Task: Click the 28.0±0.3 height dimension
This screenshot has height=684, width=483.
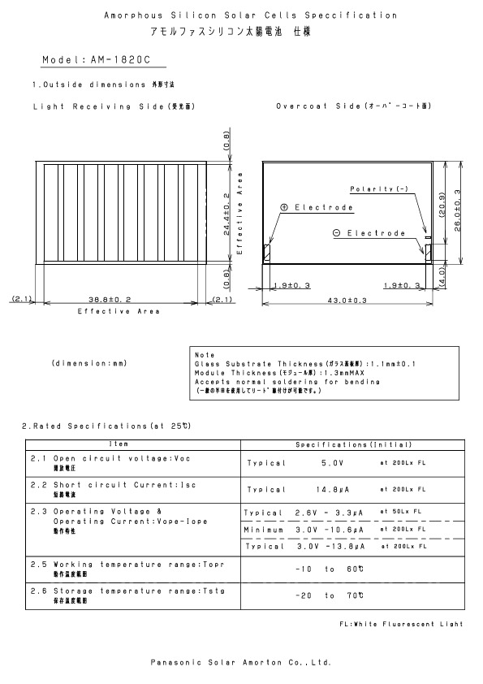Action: click(458, 211)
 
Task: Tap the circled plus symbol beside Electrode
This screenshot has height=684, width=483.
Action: click(285, 208)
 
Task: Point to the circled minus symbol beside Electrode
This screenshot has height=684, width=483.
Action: click(337, 234)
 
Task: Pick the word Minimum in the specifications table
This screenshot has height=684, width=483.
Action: click(265, 530)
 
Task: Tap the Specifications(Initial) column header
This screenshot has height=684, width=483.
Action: click(354, 444)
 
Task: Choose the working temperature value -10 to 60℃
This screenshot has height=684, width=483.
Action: click(329, 569)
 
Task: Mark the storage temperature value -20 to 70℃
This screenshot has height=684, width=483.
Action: click(329, 595)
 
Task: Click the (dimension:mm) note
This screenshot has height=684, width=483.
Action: click(88, 362)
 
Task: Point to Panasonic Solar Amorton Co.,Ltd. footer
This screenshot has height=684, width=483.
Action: click(241, 662)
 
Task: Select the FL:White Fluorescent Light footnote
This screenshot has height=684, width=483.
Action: click(402, 624)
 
